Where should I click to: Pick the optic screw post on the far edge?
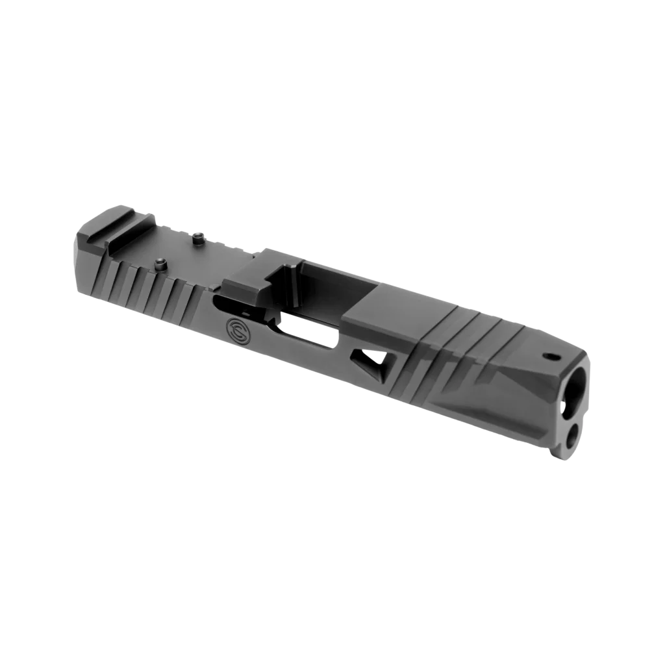point(197,239)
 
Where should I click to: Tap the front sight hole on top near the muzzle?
point(552,356)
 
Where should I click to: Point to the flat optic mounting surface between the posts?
point(175,250)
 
